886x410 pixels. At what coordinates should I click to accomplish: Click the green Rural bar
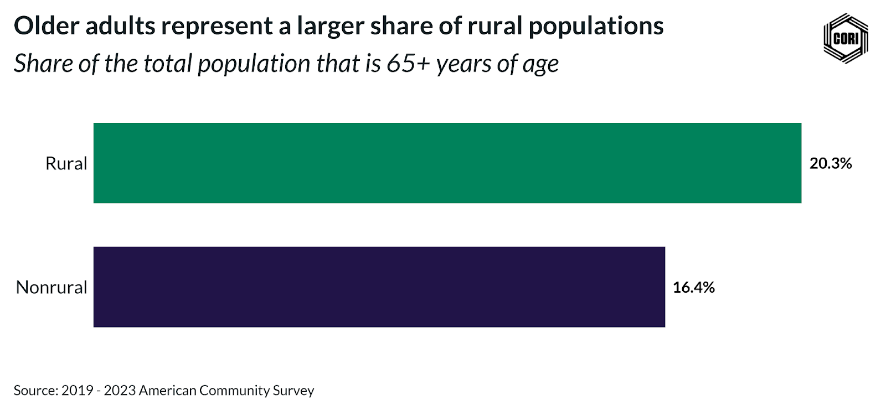(x=447, y=163)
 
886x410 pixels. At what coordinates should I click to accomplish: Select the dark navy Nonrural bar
(x=379, y=287)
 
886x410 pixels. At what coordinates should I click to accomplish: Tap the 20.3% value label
(x=830, y=163)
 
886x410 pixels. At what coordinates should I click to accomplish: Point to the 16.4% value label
(x=693, y=287)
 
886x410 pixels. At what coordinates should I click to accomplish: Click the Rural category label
(x=66, y=163)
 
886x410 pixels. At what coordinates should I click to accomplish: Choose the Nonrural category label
(x=51, y=287)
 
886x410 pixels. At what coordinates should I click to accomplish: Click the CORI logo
(x=846, y=38)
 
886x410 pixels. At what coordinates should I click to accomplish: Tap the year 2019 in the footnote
(x=77, y=390)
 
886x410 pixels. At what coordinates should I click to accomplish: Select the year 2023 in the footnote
(x=119, y=390)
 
